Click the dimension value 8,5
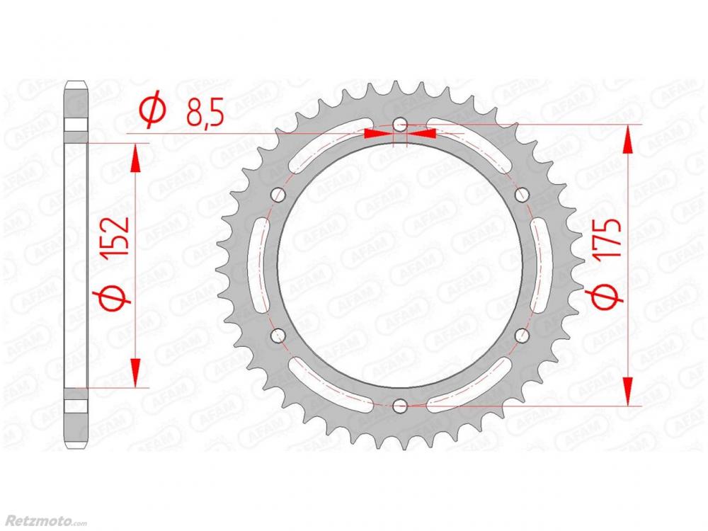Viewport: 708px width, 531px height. click(x=205, y=114)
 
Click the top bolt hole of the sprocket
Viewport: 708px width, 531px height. click(x=400, y=125)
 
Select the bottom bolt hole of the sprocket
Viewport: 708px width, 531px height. click(x=400, y=406)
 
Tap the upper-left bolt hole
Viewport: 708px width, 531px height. click(x=278, y=195)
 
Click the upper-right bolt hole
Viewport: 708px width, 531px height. click(x=522, y=195)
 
